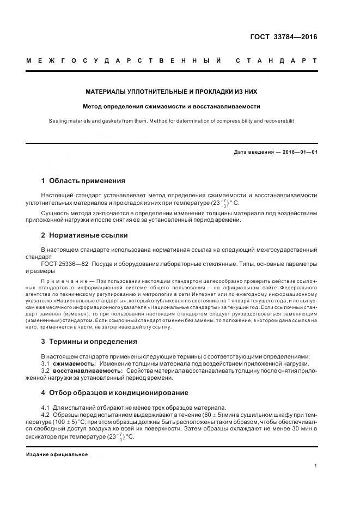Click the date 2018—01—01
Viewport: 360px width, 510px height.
pyautogui.click(x=297, y=152)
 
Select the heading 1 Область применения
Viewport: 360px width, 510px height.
pyautogui.click(x=83, y=180)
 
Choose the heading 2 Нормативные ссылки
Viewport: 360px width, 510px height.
pyautogui.click(x=84, y=235)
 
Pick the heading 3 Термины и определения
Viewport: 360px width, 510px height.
pyautogui.click(x=89, y=342)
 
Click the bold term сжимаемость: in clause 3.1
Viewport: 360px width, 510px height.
pyautogui.click(x=75, y=363)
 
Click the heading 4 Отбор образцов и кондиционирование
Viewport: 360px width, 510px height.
pyautogui.click(x=114, y=392)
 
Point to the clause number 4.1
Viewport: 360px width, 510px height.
pyautogui.click(x=45, y=408)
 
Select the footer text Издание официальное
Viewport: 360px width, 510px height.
pyautogui.click(x=57, y=454)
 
